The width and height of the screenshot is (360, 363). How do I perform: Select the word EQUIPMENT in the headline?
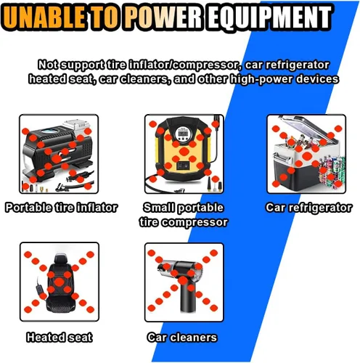click(269, 17)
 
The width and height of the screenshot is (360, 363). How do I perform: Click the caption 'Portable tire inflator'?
click(62, 208)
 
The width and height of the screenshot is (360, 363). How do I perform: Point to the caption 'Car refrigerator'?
click(308, 208)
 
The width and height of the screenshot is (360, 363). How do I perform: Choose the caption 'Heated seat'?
click(60, 337)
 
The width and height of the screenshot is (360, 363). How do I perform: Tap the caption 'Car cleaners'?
click(182, 338)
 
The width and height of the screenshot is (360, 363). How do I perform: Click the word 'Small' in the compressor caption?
click(159, 208)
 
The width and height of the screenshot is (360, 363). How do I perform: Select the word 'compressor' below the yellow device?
click(195, 222)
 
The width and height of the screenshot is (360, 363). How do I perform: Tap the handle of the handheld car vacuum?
click(186, 299)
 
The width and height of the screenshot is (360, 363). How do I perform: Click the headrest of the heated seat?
click(60, 259)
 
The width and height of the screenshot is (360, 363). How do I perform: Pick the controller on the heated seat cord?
click(38, 288)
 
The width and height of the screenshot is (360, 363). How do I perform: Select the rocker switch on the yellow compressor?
click(183, 166)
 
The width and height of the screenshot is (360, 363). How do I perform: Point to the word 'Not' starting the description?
click(48, 65)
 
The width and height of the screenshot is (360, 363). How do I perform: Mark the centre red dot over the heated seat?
click(59, 282)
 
